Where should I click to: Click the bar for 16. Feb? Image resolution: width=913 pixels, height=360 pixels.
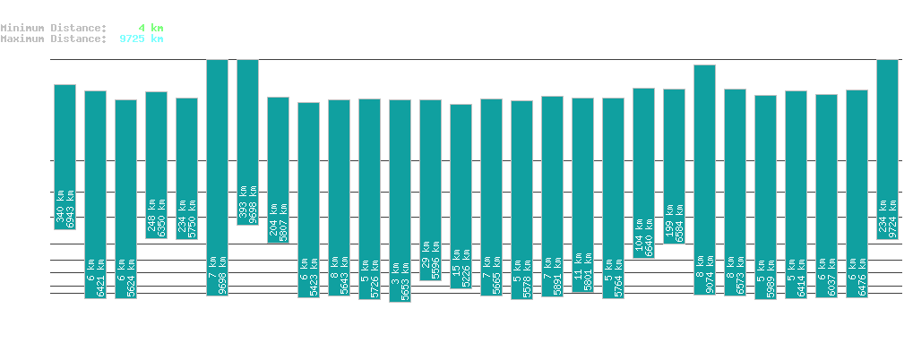(x=217, y=177)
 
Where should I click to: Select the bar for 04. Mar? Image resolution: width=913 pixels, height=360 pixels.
(x=704, y=180)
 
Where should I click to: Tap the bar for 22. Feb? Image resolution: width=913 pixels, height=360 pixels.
(x=400, y=201)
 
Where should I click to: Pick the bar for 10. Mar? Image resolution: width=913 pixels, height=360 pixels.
(x=887, y=149)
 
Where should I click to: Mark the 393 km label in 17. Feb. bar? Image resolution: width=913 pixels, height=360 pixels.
(x=243, y=205)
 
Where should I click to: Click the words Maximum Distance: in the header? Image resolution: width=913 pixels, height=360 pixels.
(x=54, y=39)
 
